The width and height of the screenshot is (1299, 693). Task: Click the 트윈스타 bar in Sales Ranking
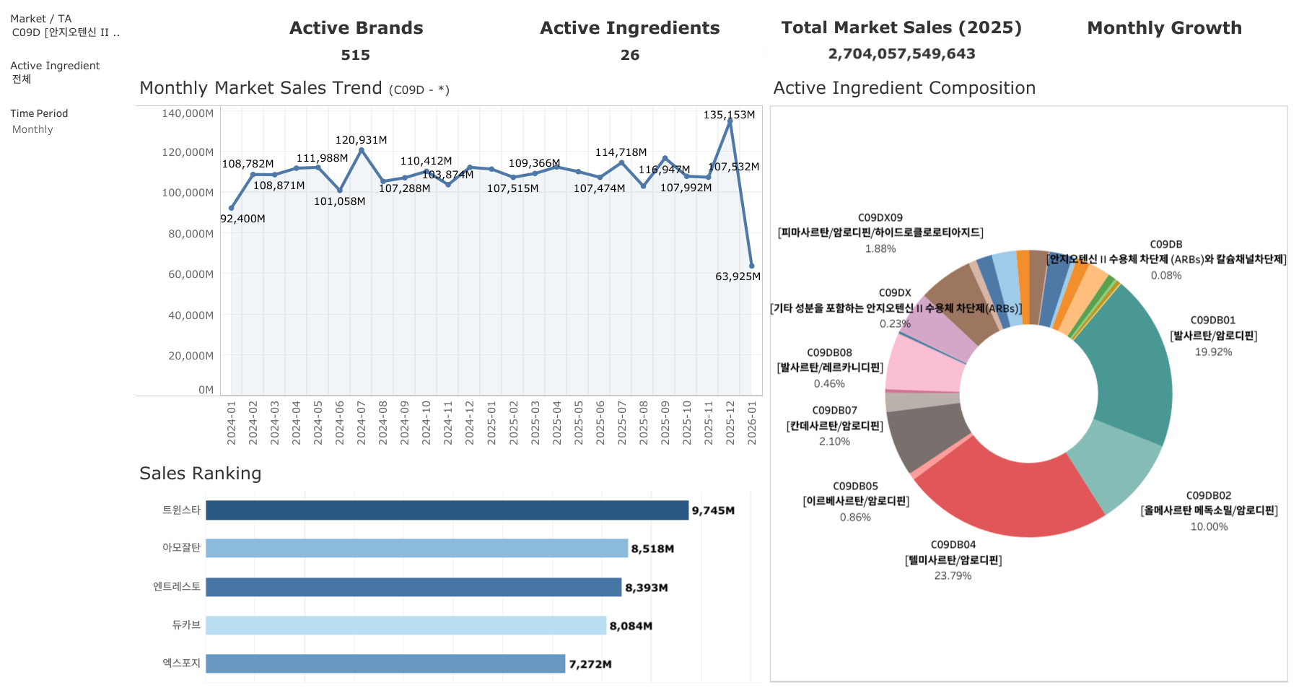tap(447, 510)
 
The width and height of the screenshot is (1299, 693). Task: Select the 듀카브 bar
tap(406, 626)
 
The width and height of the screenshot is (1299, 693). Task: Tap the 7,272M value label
tap(590, 664)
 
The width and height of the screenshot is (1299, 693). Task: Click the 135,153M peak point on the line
tap(730, 122)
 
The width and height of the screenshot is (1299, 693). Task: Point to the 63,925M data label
tap(738, 276)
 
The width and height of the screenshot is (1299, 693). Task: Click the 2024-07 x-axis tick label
tap(362, 423)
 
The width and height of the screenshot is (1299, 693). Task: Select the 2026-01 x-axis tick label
tap(752, 423)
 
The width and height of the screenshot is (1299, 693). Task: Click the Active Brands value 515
tap(355, 55)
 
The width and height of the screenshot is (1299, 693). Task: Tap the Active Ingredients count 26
tap(629, 55)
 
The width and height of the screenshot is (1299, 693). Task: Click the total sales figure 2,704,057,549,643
tap(901, 54)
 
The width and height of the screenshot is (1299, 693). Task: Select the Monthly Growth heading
tap(1164, 28)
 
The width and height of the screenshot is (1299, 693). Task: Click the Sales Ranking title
tap(200, 474)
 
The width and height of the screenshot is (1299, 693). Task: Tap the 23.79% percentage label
tap(953, 575)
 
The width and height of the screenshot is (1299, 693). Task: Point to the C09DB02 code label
tap(1208, 495)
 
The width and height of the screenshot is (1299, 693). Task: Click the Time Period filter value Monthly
tap(32, 129)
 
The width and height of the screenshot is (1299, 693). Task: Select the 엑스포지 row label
tap(181, 663)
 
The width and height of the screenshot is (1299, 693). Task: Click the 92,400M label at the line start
tap(242, 219)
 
